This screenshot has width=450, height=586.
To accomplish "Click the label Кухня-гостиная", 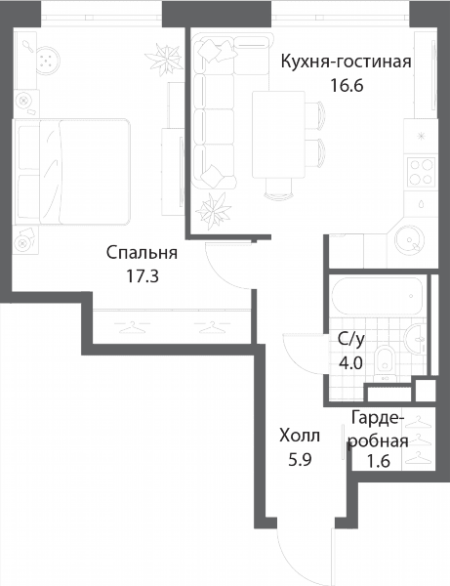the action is [346, 62].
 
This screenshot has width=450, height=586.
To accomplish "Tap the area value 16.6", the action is [347, 86].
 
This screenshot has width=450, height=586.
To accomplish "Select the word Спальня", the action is [142, 253].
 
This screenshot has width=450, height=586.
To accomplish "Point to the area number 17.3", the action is [143, 277].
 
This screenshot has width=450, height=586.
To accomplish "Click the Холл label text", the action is [300, 436].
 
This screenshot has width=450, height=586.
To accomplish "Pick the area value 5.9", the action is [300, 460].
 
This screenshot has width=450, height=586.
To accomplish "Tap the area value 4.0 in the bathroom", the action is [350, 363].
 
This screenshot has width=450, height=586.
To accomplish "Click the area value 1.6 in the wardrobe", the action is [379, 462].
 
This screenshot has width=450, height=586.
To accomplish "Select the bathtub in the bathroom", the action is [377, 296].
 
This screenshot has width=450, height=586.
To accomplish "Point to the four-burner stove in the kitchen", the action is [422, 172].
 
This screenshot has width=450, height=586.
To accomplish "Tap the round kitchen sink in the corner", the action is [410, 239].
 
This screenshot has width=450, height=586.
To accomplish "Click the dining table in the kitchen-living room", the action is [278, 135].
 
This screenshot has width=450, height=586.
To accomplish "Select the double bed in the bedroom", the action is [71, 172].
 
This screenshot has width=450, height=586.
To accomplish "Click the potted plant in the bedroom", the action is [164, 57].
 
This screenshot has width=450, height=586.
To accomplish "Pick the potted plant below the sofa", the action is [213, 212].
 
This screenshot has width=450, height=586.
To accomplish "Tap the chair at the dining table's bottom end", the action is [278, 188].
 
